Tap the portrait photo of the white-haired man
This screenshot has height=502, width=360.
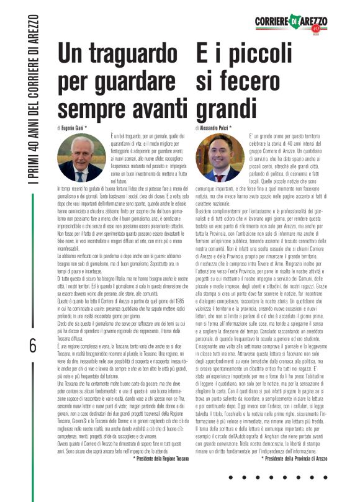tap(81, 158)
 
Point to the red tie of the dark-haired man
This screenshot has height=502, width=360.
tap(219, 176)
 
